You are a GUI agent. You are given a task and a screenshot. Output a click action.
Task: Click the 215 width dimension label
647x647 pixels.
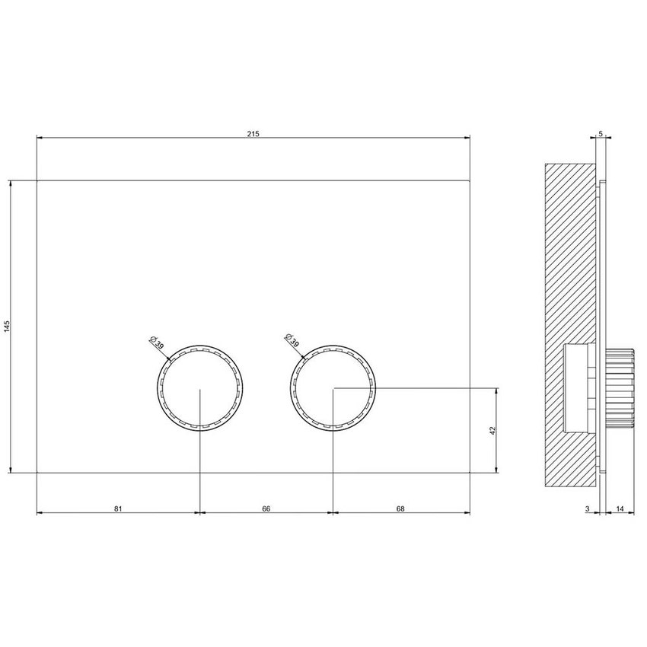[253, 134]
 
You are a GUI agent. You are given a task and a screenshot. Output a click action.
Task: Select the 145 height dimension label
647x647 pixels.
[7, 327]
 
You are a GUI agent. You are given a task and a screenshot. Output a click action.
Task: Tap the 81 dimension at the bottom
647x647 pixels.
[118, 508]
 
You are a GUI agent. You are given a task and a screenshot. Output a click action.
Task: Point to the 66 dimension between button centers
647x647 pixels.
[266, 508]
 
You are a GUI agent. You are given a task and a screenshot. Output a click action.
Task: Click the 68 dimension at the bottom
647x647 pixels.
[400, 508]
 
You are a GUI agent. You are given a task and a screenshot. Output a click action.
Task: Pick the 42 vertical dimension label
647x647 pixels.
[492, 430]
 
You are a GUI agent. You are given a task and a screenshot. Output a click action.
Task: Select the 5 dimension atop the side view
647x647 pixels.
[601, 134]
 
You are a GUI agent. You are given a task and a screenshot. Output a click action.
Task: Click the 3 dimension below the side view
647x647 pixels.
[587, 508]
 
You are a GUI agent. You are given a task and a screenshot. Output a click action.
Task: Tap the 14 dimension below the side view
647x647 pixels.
[620, 508]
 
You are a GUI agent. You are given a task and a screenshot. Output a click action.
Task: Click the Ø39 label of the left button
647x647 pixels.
[155, 342]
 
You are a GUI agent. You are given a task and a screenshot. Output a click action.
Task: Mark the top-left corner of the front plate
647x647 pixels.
[37, 180]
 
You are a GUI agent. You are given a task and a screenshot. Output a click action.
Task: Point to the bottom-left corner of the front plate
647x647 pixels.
[37, 472]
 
